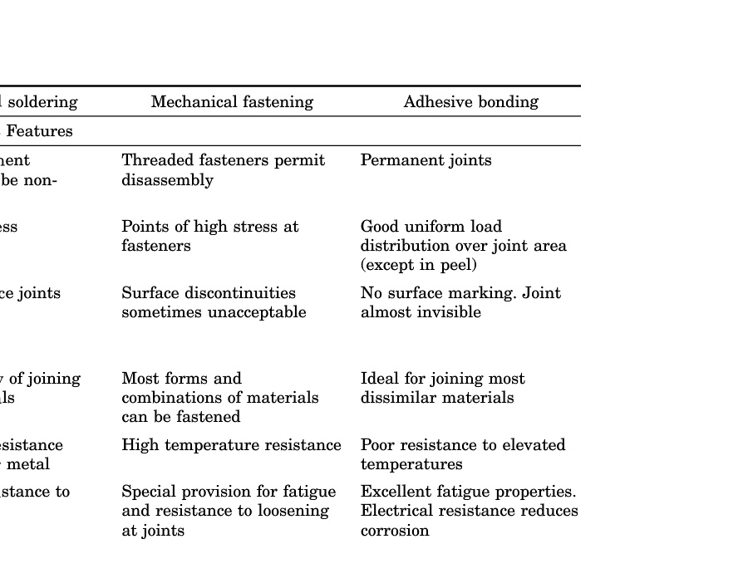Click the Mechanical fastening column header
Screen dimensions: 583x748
[232, 102]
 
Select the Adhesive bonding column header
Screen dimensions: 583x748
[470, 102]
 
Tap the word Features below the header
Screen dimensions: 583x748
[39, 131]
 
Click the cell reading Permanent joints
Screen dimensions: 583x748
[426, 160]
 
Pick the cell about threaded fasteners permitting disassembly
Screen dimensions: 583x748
[223, 170]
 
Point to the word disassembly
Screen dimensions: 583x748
[167, 180]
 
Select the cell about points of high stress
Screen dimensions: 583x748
[209, 236]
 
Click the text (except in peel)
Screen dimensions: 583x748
[418, 266]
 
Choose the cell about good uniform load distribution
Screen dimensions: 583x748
[463, 246]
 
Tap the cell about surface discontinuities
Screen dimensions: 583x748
[214, 302]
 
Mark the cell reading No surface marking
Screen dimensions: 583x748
[460, 302]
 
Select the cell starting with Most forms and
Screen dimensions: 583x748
[219, 398]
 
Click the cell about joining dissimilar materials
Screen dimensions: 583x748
[442, 388]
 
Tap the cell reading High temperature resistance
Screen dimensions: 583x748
[231, 445]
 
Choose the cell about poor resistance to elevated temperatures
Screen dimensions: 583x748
[462, 454]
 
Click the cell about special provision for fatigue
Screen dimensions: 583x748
[229, 511]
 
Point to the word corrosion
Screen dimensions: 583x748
[395, 531]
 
